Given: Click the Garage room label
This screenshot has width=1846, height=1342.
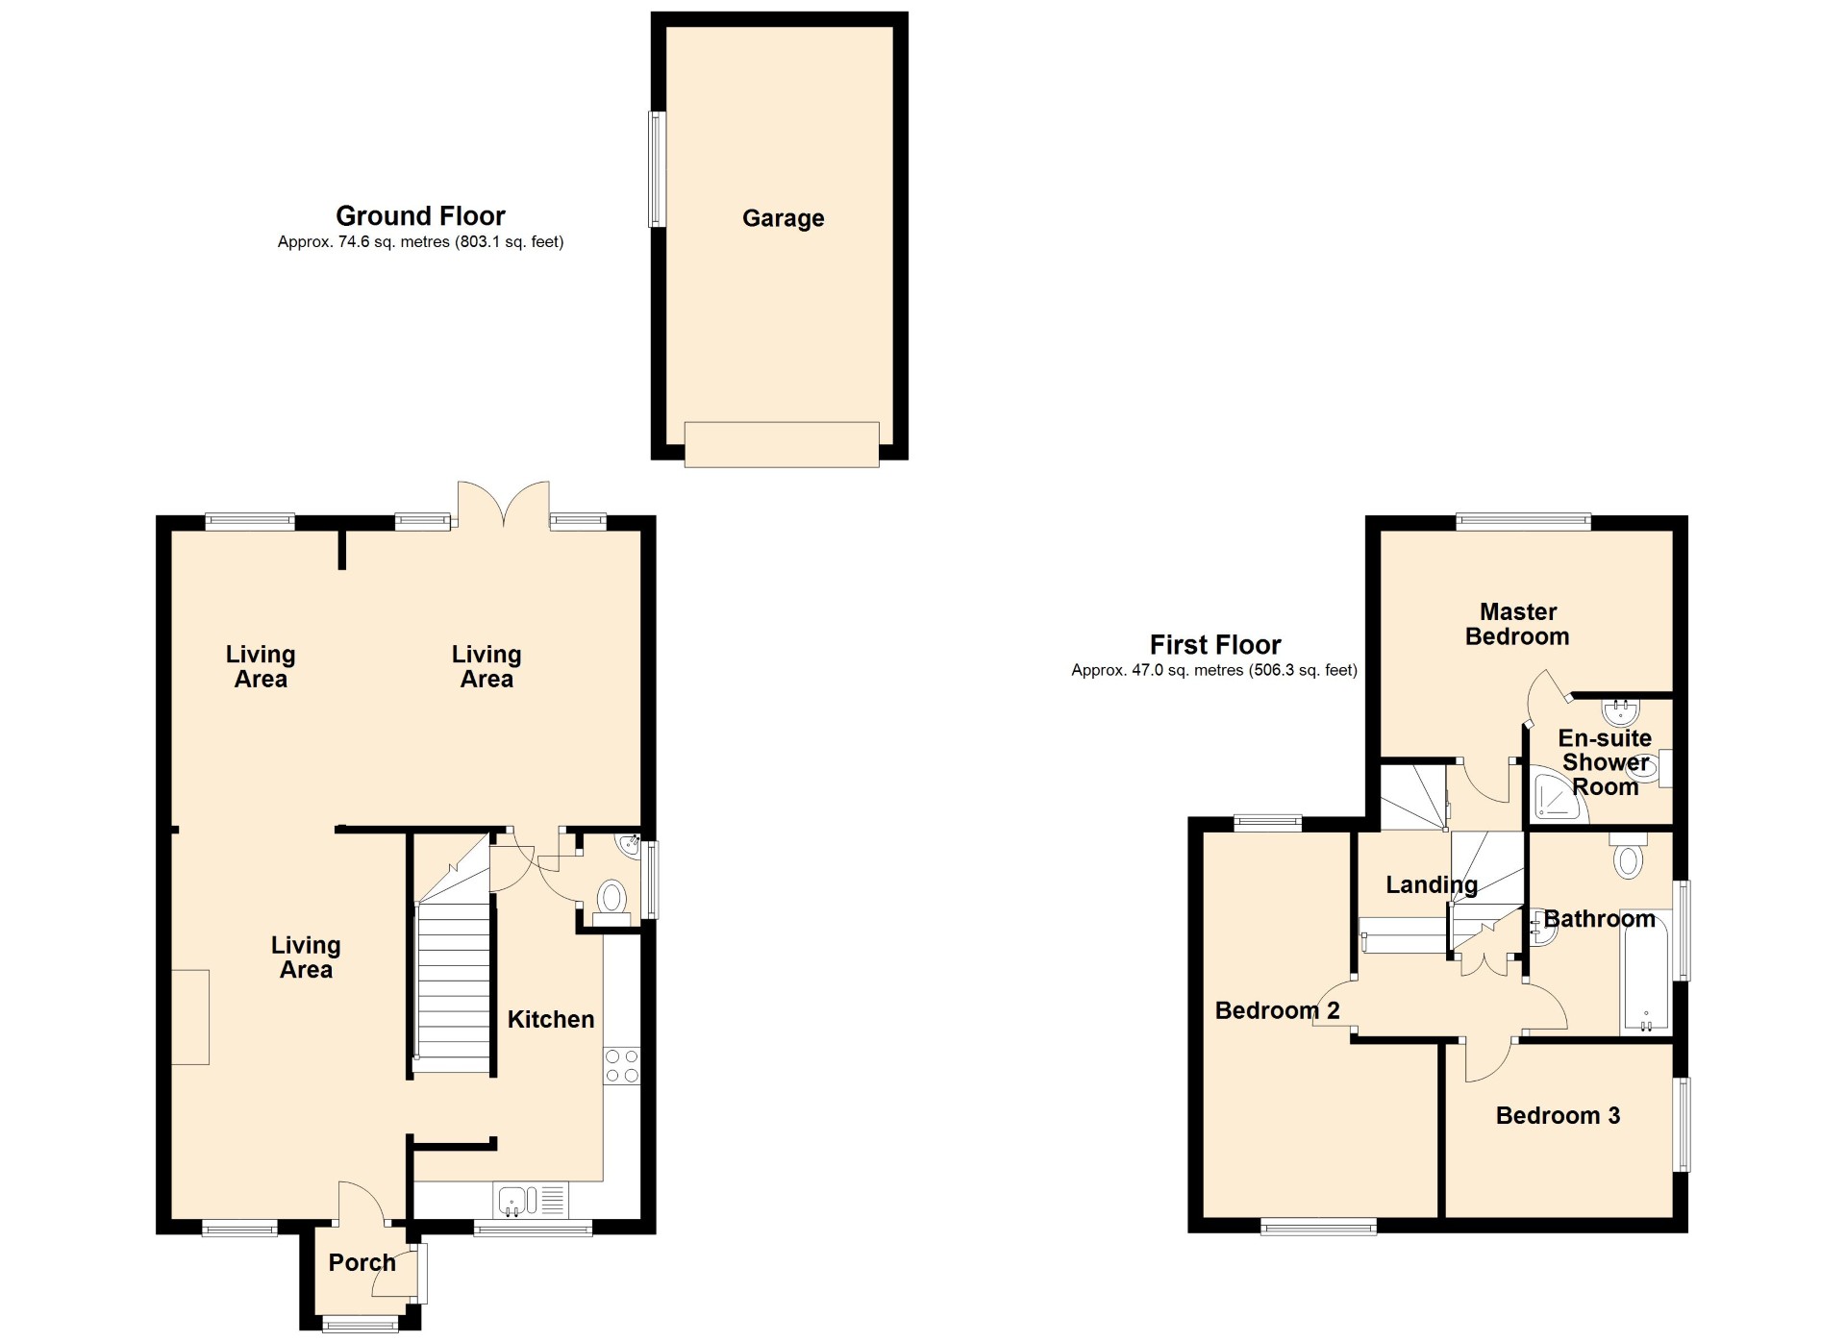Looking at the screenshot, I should pos(783,218).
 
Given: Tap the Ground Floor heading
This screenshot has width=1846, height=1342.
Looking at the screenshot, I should pos(420,215).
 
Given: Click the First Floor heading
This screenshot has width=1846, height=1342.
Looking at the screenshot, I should pos(1215,644).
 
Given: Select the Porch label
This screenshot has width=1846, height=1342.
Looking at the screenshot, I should pos(362,1262).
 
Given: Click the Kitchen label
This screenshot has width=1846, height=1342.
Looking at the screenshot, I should pos(550,1019).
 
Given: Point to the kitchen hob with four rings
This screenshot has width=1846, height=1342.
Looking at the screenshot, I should pos(622,1065).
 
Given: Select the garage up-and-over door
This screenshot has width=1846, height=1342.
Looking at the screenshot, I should pos(782,444).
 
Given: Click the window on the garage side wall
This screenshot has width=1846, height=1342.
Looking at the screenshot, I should pos(657,169).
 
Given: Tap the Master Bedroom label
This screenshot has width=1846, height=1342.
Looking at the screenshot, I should pos(1517,624).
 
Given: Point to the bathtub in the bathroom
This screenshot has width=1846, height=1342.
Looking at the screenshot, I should pos(1646,971).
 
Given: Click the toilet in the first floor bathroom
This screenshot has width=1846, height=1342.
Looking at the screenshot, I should pos(1628,857).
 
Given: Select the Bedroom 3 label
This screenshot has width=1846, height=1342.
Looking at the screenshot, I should pos(1558,1115).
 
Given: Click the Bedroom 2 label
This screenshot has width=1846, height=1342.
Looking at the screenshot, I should pos(1277,1010).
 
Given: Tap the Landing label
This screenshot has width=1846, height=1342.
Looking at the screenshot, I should pos(1431,884).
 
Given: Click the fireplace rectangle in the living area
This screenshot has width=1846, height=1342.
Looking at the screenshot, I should pos(190,1017).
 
